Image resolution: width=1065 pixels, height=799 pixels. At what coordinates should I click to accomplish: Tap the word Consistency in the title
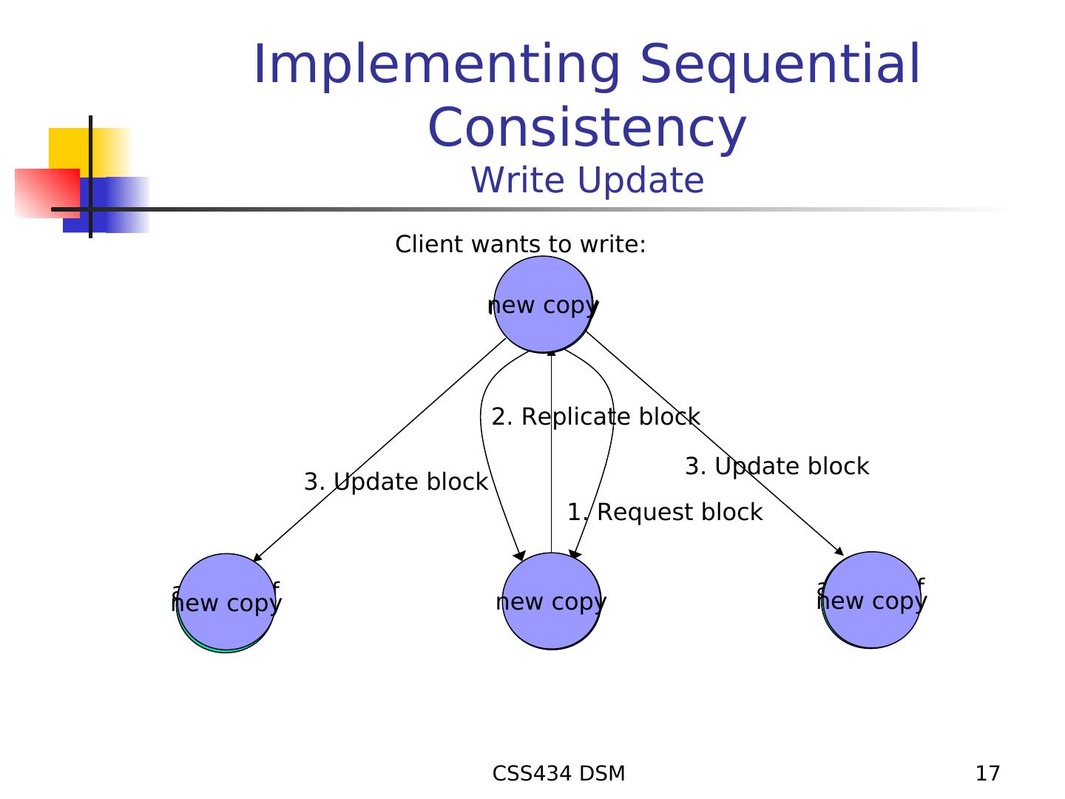tap(587, 127)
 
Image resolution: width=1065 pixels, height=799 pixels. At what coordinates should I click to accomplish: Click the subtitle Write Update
tap(587, 181)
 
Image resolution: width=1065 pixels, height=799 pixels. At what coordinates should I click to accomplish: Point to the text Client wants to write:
tap(521, 244)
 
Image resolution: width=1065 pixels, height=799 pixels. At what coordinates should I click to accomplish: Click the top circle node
tap(544, 304)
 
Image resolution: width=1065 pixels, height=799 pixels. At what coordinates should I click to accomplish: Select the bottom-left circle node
tap(226, 601)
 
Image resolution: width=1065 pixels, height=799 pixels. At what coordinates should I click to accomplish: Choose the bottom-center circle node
tap(551, 601)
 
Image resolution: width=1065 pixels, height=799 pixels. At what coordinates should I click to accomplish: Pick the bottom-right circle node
tap(871, 600)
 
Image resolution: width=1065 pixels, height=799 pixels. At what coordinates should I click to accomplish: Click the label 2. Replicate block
tap(596, 417)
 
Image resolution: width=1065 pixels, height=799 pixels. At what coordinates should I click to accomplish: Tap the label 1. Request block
tap(664, 512)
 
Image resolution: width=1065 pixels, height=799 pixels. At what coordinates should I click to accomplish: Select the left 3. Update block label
tap(396, 482)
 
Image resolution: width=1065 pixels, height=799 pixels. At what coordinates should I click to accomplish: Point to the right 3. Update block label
tap(777, 467)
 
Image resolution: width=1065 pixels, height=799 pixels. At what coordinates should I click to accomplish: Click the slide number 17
tap(987, 774)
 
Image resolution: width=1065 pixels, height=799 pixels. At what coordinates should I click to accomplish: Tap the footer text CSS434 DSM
tap(558, 774)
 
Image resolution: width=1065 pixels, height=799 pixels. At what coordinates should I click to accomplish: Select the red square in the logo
tap(46, 192)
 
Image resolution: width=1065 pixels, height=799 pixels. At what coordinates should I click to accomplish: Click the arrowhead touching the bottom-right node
tap(839, 550)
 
